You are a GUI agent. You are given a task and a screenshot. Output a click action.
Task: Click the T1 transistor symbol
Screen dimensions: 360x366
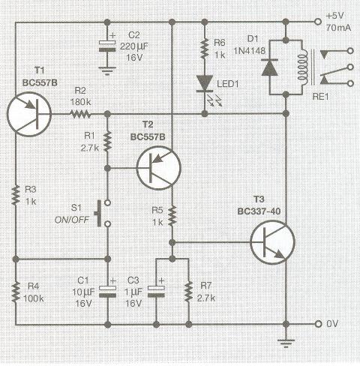(x=29, y=114)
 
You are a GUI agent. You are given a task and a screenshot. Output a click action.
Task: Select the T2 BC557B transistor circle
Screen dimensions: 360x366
(x=158, y=168)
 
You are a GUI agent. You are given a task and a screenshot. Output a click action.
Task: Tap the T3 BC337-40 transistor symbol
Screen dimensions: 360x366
(x=273, y=242)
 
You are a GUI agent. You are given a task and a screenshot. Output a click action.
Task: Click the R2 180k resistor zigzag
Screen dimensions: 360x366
(x=80, y=114)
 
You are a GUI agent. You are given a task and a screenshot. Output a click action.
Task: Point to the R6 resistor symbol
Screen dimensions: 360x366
(x=205, y=48)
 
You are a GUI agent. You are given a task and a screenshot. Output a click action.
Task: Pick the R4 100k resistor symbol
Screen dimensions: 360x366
(x=16, y=292)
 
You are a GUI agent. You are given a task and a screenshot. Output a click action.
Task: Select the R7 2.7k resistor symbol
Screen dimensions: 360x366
(x=188, y=292)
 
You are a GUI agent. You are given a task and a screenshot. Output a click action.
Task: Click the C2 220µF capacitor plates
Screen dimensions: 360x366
(x=107, y=46)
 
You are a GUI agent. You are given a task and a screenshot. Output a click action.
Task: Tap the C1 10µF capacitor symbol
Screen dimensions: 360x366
(x=108, y=292)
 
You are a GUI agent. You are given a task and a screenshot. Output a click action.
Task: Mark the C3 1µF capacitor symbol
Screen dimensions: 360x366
(x=156, y=292)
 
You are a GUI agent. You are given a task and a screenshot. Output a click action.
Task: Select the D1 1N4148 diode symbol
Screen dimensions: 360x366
(x=269, y=67)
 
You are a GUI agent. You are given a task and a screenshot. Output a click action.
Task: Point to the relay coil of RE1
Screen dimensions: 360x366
(x=302, y=67)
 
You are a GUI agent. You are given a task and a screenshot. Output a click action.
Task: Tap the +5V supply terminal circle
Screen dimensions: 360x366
(x=318, y=22)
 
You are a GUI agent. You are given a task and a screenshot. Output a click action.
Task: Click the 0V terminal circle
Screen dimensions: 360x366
(x=318, y=324)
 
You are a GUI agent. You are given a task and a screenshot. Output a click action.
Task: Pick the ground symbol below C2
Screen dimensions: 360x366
(x=107, y=71)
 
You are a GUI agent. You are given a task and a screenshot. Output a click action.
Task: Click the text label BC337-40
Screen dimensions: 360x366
(x=259, y=211)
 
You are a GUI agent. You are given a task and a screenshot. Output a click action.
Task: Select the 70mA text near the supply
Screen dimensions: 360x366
(x=338, y=28)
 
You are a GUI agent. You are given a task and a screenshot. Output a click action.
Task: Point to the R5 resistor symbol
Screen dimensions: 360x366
(x=172, y=216)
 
